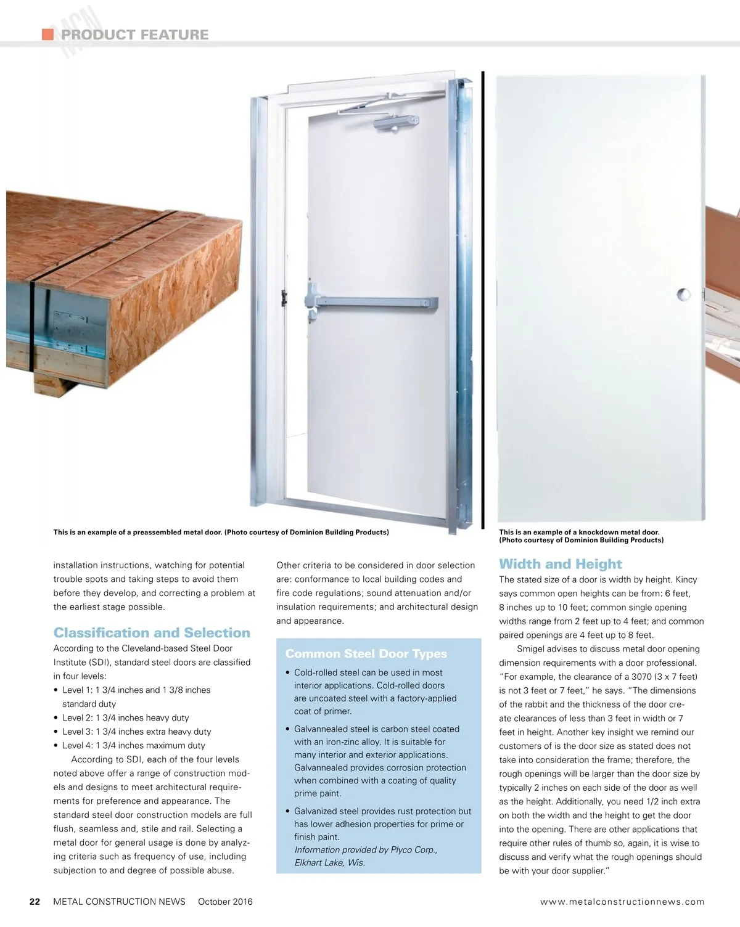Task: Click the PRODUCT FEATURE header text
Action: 134,35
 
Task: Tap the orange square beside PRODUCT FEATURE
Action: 47,34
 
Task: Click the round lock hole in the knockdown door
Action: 683,293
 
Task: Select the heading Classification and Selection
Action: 152,633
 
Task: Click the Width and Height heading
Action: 560,564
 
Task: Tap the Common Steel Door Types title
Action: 366,654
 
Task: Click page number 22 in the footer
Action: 35,902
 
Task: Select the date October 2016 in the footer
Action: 225,902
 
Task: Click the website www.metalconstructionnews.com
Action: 622,902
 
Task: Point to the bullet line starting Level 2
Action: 125,718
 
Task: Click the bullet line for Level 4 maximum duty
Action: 133,746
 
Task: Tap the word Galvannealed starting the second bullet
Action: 321,729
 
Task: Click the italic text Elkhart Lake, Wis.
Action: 329,863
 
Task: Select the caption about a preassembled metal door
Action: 221,533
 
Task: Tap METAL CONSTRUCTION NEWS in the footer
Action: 119,902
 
